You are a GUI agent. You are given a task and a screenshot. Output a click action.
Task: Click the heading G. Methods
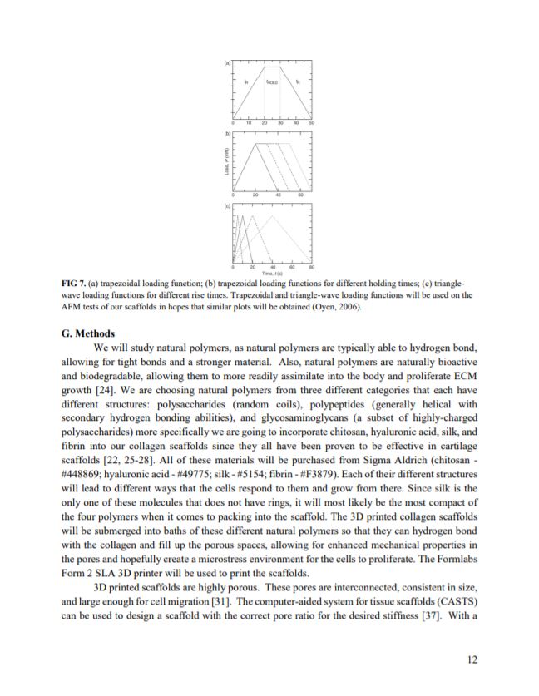[89, 333]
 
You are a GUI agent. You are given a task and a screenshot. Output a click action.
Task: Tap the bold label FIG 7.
[76, 284]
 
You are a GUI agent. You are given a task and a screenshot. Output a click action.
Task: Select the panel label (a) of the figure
[226, 62]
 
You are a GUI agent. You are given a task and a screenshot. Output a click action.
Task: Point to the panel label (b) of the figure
[226, 132]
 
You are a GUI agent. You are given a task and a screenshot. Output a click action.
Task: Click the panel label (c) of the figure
[226, 203]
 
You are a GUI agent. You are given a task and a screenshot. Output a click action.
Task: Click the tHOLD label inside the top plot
[272, 82]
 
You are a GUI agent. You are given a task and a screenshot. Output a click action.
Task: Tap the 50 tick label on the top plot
[311, 123]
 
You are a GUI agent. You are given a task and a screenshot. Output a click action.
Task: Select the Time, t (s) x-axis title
[272, 273]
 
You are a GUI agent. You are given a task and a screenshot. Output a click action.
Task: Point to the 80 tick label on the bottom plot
[311, 267]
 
